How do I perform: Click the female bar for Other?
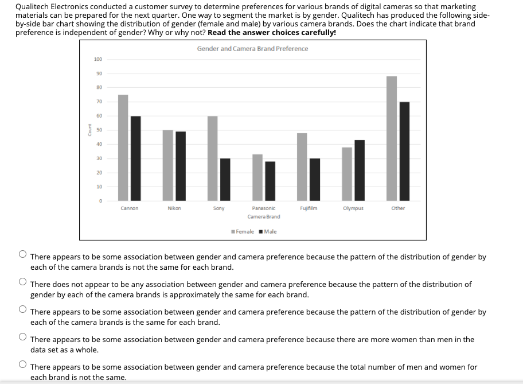pos(392,138)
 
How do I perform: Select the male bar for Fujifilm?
pos(315,179)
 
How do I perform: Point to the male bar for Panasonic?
pos(270,181)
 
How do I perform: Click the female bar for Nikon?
pos(167,165)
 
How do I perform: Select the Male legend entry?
pos(268,231)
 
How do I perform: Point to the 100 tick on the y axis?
pos(98,59)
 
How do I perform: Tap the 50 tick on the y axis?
pos(99,130)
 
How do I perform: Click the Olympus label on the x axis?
pos(353,208)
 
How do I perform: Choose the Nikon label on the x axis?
pos(174,208)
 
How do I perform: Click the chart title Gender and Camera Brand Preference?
pos(252,49)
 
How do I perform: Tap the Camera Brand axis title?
pos(264,216)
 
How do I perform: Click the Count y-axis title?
pos(89,130)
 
